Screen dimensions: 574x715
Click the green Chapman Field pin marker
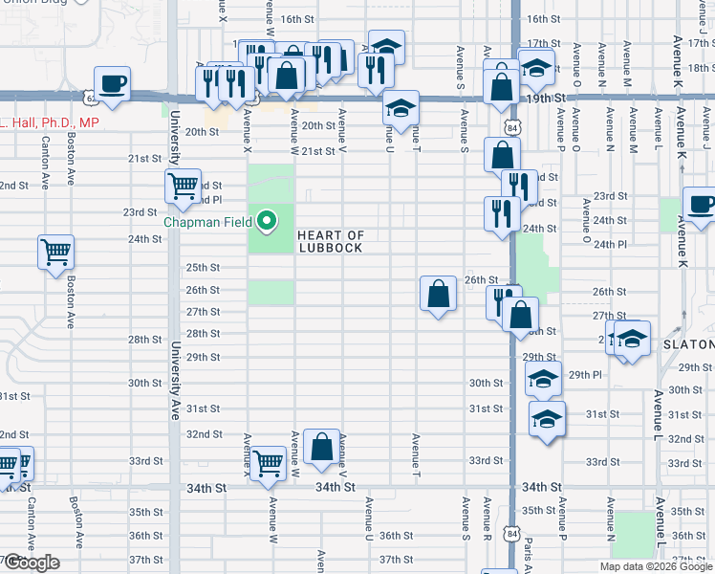point(269,223)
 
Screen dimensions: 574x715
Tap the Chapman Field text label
point(207,222)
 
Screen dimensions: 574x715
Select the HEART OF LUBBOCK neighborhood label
point(331,242)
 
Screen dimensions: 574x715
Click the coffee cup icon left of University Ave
point(113,82)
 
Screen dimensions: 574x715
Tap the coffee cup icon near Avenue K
point(700,205)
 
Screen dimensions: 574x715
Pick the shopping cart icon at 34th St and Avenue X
point(270,464)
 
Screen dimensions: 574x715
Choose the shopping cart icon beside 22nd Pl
point(182,185)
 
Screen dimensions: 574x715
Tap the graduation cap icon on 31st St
point(547,419)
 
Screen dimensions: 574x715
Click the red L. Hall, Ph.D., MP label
point(50,123)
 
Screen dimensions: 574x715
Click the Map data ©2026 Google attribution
point(656,566)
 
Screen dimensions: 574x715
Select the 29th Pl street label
point(585,374)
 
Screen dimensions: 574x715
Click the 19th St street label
point(566,99)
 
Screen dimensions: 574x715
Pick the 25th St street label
point(203,268)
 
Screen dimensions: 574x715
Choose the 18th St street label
point(701,68)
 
